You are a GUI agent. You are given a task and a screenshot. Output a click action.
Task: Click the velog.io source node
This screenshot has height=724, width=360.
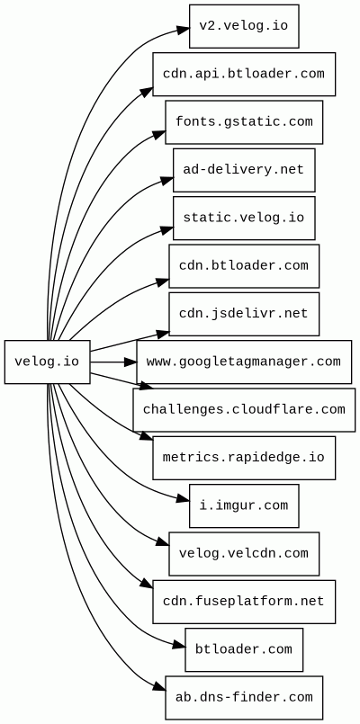point(47,362)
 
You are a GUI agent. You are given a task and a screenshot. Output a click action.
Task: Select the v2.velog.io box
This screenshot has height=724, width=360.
point(244,26)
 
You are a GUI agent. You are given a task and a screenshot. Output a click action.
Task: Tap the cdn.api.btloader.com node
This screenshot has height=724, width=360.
point(244,74)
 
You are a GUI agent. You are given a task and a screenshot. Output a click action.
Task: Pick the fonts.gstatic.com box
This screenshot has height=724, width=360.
point(244,122)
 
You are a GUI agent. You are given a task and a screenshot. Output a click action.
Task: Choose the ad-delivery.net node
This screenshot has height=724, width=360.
point(244,170)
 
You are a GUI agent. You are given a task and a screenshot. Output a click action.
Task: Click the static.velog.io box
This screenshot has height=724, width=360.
point(244,218)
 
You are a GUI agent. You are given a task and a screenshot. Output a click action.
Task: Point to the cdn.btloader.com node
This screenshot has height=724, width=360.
point(244,266)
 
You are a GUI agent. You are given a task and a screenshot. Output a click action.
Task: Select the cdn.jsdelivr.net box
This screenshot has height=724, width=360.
point(244,314)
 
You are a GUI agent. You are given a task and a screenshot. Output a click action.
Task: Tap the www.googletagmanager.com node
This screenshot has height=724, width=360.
point(244,362)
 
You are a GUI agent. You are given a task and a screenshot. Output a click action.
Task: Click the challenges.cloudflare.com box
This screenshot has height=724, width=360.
point(244,410)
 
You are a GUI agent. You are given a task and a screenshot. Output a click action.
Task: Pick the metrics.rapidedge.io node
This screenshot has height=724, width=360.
point(244,458)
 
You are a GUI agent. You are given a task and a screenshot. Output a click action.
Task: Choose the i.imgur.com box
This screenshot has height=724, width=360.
point(244,506)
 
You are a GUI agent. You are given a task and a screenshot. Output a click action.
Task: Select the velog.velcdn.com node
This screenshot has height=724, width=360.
point(244,554)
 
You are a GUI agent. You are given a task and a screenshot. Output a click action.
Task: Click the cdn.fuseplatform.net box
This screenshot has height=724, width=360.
point(244,602)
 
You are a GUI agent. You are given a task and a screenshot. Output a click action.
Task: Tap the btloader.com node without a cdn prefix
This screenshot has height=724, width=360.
point(244,650)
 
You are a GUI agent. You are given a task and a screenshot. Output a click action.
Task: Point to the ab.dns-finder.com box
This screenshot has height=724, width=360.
point(244,698)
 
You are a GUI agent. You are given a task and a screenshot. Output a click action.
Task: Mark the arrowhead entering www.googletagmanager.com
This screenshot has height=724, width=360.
point(130,362)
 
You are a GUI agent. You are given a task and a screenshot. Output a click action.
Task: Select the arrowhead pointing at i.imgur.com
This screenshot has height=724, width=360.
point(183,500)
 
